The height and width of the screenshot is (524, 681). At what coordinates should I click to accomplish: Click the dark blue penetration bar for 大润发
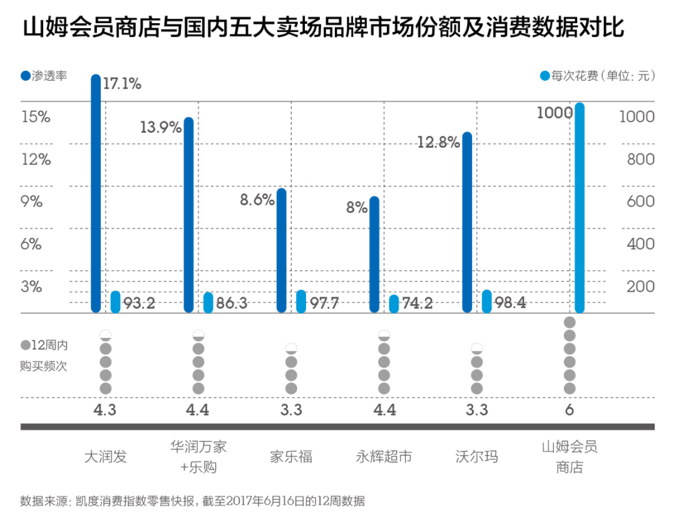96,194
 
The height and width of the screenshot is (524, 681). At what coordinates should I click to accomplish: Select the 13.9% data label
160,127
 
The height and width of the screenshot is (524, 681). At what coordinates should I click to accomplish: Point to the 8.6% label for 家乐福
257,200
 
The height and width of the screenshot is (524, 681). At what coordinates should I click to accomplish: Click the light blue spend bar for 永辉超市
394,304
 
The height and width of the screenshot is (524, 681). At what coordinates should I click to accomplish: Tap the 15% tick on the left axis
36,117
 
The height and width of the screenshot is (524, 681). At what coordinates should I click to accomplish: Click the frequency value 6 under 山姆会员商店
570,410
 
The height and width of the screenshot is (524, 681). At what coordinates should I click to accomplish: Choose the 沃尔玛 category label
477,456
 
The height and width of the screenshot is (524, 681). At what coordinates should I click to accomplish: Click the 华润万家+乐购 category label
198,456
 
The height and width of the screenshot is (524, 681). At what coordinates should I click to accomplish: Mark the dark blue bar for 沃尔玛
467,222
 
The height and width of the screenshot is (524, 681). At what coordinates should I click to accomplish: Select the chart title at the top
324,29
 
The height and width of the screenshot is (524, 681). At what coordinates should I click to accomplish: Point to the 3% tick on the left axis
31,287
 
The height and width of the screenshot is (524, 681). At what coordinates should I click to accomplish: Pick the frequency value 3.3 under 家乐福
291,410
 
